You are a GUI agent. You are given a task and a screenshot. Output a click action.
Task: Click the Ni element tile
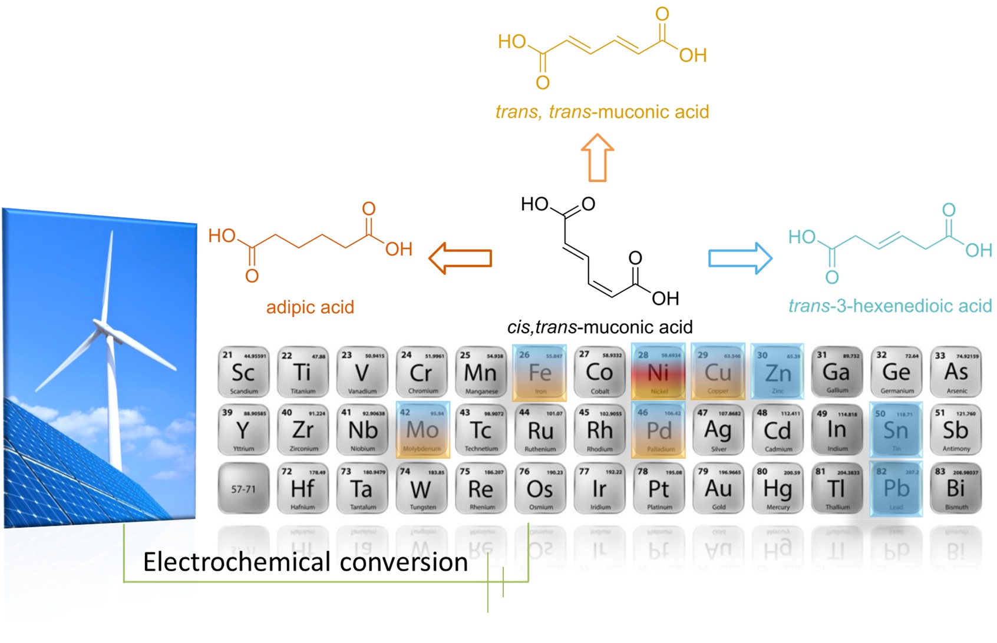click(658, 372)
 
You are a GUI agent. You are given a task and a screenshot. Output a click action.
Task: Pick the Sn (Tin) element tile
click(896, 430)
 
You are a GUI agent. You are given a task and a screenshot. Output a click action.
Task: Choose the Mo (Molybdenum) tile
click(422, 430)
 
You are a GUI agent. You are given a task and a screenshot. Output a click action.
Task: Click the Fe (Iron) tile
click(539, 372)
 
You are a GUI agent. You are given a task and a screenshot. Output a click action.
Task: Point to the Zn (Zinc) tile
click(777, 372)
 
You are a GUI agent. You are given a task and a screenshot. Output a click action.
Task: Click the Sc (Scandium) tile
click(243, 372)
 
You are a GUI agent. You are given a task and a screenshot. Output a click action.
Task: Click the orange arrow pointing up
click(597, 157)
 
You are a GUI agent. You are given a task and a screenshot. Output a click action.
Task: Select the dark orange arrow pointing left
click(460, 258)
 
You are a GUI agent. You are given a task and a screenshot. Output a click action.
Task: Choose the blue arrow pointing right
click(740, 258)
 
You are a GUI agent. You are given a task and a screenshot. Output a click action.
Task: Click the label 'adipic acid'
click(310, 307)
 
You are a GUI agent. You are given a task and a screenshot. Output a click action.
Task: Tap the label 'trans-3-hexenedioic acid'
click(890, 306)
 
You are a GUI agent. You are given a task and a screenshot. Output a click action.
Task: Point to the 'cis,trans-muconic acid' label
click(600, 327)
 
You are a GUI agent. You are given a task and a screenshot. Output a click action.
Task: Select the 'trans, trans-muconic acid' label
click(602, 112)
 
